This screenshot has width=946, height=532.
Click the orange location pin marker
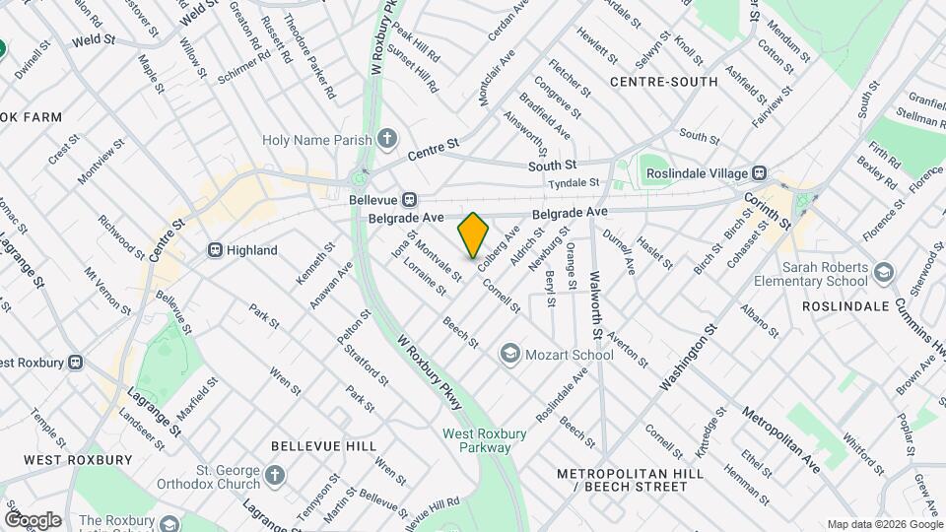473,234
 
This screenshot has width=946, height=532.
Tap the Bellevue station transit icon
408,199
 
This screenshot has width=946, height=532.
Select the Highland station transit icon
214,250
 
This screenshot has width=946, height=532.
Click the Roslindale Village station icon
760,172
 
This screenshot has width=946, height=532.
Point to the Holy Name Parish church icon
388,139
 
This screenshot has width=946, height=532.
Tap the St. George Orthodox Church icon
275,476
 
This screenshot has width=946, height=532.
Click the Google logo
32,519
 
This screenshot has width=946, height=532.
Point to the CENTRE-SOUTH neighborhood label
663,82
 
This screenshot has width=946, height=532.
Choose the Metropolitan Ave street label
780,438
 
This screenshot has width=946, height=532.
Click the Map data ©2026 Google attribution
884,524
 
